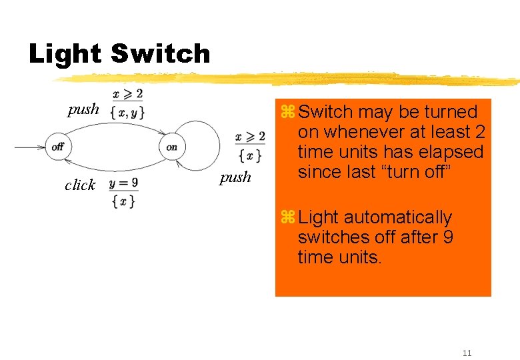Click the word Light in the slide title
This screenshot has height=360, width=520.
[65, 53]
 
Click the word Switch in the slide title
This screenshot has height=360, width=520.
[160, 53]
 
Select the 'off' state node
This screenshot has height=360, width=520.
[57, 147]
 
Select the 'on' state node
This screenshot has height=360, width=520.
[171, 147]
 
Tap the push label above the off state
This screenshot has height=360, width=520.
[83, 109]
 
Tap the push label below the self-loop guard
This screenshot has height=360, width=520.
[235, 177]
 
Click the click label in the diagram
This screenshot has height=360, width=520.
[80, 185]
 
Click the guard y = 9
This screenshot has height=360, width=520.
[124, 182]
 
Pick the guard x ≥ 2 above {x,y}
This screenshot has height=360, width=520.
[127, 95]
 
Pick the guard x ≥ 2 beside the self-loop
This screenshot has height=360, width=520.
[250, 137]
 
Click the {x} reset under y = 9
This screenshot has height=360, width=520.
[124, 199]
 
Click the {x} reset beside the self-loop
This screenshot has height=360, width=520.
[250, 156]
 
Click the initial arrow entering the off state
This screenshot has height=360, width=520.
[30, 147]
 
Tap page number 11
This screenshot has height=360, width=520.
[467, 353]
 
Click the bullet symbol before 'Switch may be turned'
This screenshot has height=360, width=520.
[287, 112]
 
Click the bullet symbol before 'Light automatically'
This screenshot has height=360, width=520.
[287, 217]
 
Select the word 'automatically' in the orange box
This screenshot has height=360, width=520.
[397, 217]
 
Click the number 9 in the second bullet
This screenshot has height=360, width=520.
[447, 237]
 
